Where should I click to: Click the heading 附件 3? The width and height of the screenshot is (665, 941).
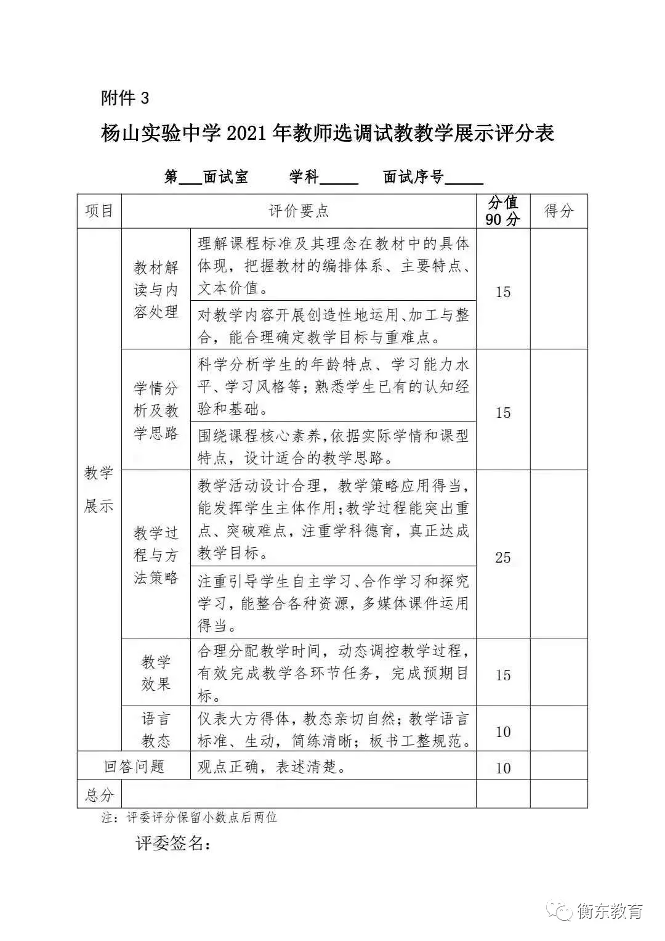point(125,98)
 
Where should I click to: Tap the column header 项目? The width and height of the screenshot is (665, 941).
point(99,211)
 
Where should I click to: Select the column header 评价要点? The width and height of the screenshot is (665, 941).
point(299,211)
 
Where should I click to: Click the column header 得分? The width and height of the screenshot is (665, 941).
point(558,211)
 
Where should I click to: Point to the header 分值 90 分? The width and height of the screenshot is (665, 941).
point(502,211)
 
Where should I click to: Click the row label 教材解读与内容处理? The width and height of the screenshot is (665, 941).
point(156,290)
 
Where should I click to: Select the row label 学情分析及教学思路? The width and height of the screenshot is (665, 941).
point(156,410)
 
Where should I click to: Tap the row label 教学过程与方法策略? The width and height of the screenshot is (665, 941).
point(156,555)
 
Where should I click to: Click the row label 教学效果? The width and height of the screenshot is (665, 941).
point(156,673)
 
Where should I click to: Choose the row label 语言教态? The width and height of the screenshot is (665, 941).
point(156,730)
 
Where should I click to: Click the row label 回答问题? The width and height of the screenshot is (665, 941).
point(134,767)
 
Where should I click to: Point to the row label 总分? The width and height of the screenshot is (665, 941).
point(99,794)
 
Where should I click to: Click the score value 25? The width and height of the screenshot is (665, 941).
point(502,558)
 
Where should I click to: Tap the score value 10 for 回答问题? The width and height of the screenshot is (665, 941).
point(502,768)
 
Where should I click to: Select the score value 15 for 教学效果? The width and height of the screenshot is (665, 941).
point(502,675)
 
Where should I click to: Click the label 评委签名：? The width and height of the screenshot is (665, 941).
point(174,844)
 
